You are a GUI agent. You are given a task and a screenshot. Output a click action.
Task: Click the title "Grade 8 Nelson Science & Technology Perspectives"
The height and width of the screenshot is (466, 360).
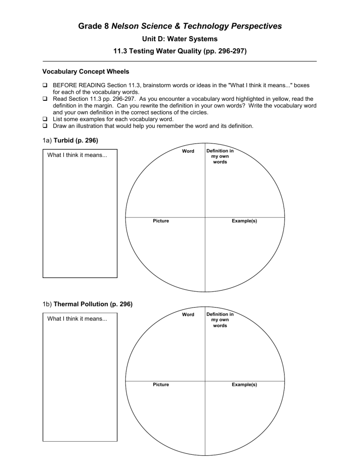coord(180,26)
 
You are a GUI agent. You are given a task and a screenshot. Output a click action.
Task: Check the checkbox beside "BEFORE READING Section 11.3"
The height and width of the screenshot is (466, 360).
coord(45,87)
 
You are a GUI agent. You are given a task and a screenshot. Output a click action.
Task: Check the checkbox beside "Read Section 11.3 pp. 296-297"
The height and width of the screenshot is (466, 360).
coord(45,99)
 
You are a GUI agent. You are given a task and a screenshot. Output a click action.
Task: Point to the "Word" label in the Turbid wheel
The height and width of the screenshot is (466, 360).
coord(188,151)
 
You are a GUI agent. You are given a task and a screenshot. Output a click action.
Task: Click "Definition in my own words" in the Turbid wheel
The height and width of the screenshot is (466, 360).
coord(220,156)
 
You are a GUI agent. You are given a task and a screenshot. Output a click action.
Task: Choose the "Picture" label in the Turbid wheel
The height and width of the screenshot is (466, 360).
coord(161,221)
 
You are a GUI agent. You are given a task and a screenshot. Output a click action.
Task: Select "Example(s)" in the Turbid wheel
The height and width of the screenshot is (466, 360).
coord(244,221)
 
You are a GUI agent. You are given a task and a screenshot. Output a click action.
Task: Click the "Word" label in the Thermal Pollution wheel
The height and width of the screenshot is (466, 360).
coord(188,315)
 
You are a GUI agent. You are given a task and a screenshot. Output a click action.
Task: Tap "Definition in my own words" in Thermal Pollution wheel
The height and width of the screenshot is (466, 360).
coord(220,320)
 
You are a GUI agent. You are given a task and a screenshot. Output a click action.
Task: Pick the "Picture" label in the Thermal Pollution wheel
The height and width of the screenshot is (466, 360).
coord(161,384)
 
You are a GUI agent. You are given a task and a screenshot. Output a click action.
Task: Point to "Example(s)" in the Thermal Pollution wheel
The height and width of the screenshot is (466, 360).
coord(244,384)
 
